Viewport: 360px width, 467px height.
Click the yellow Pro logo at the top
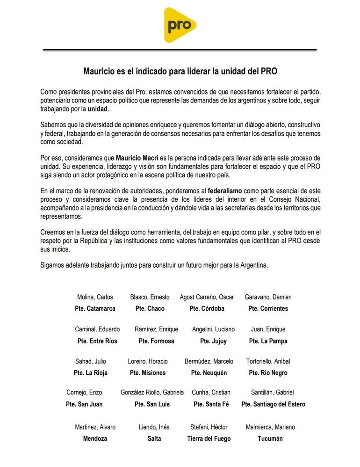180,25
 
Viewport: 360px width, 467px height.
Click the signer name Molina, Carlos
95,297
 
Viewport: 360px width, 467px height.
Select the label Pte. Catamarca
95,309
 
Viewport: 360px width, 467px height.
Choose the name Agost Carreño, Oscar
207,297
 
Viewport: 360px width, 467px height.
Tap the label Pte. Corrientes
268,309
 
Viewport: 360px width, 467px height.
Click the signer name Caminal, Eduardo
97,329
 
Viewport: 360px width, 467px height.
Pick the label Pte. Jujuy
213,341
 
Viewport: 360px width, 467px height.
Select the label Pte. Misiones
148,373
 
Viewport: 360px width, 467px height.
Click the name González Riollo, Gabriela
152,393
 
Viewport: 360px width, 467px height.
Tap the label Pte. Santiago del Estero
273,404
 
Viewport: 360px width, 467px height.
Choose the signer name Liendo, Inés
154,427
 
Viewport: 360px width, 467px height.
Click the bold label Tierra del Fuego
209,439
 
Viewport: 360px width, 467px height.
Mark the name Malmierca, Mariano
270,427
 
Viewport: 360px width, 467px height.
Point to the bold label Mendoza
95,439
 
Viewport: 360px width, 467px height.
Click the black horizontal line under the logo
180,50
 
